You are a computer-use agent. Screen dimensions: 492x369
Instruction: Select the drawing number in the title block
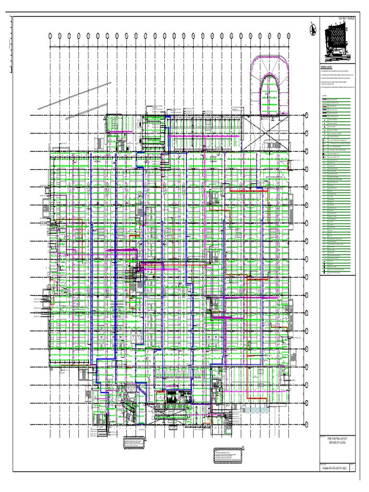(333, 467)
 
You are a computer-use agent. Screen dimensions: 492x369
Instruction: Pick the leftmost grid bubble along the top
(50, 36)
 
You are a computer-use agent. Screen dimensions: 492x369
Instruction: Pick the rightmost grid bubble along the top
(288, 36)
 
